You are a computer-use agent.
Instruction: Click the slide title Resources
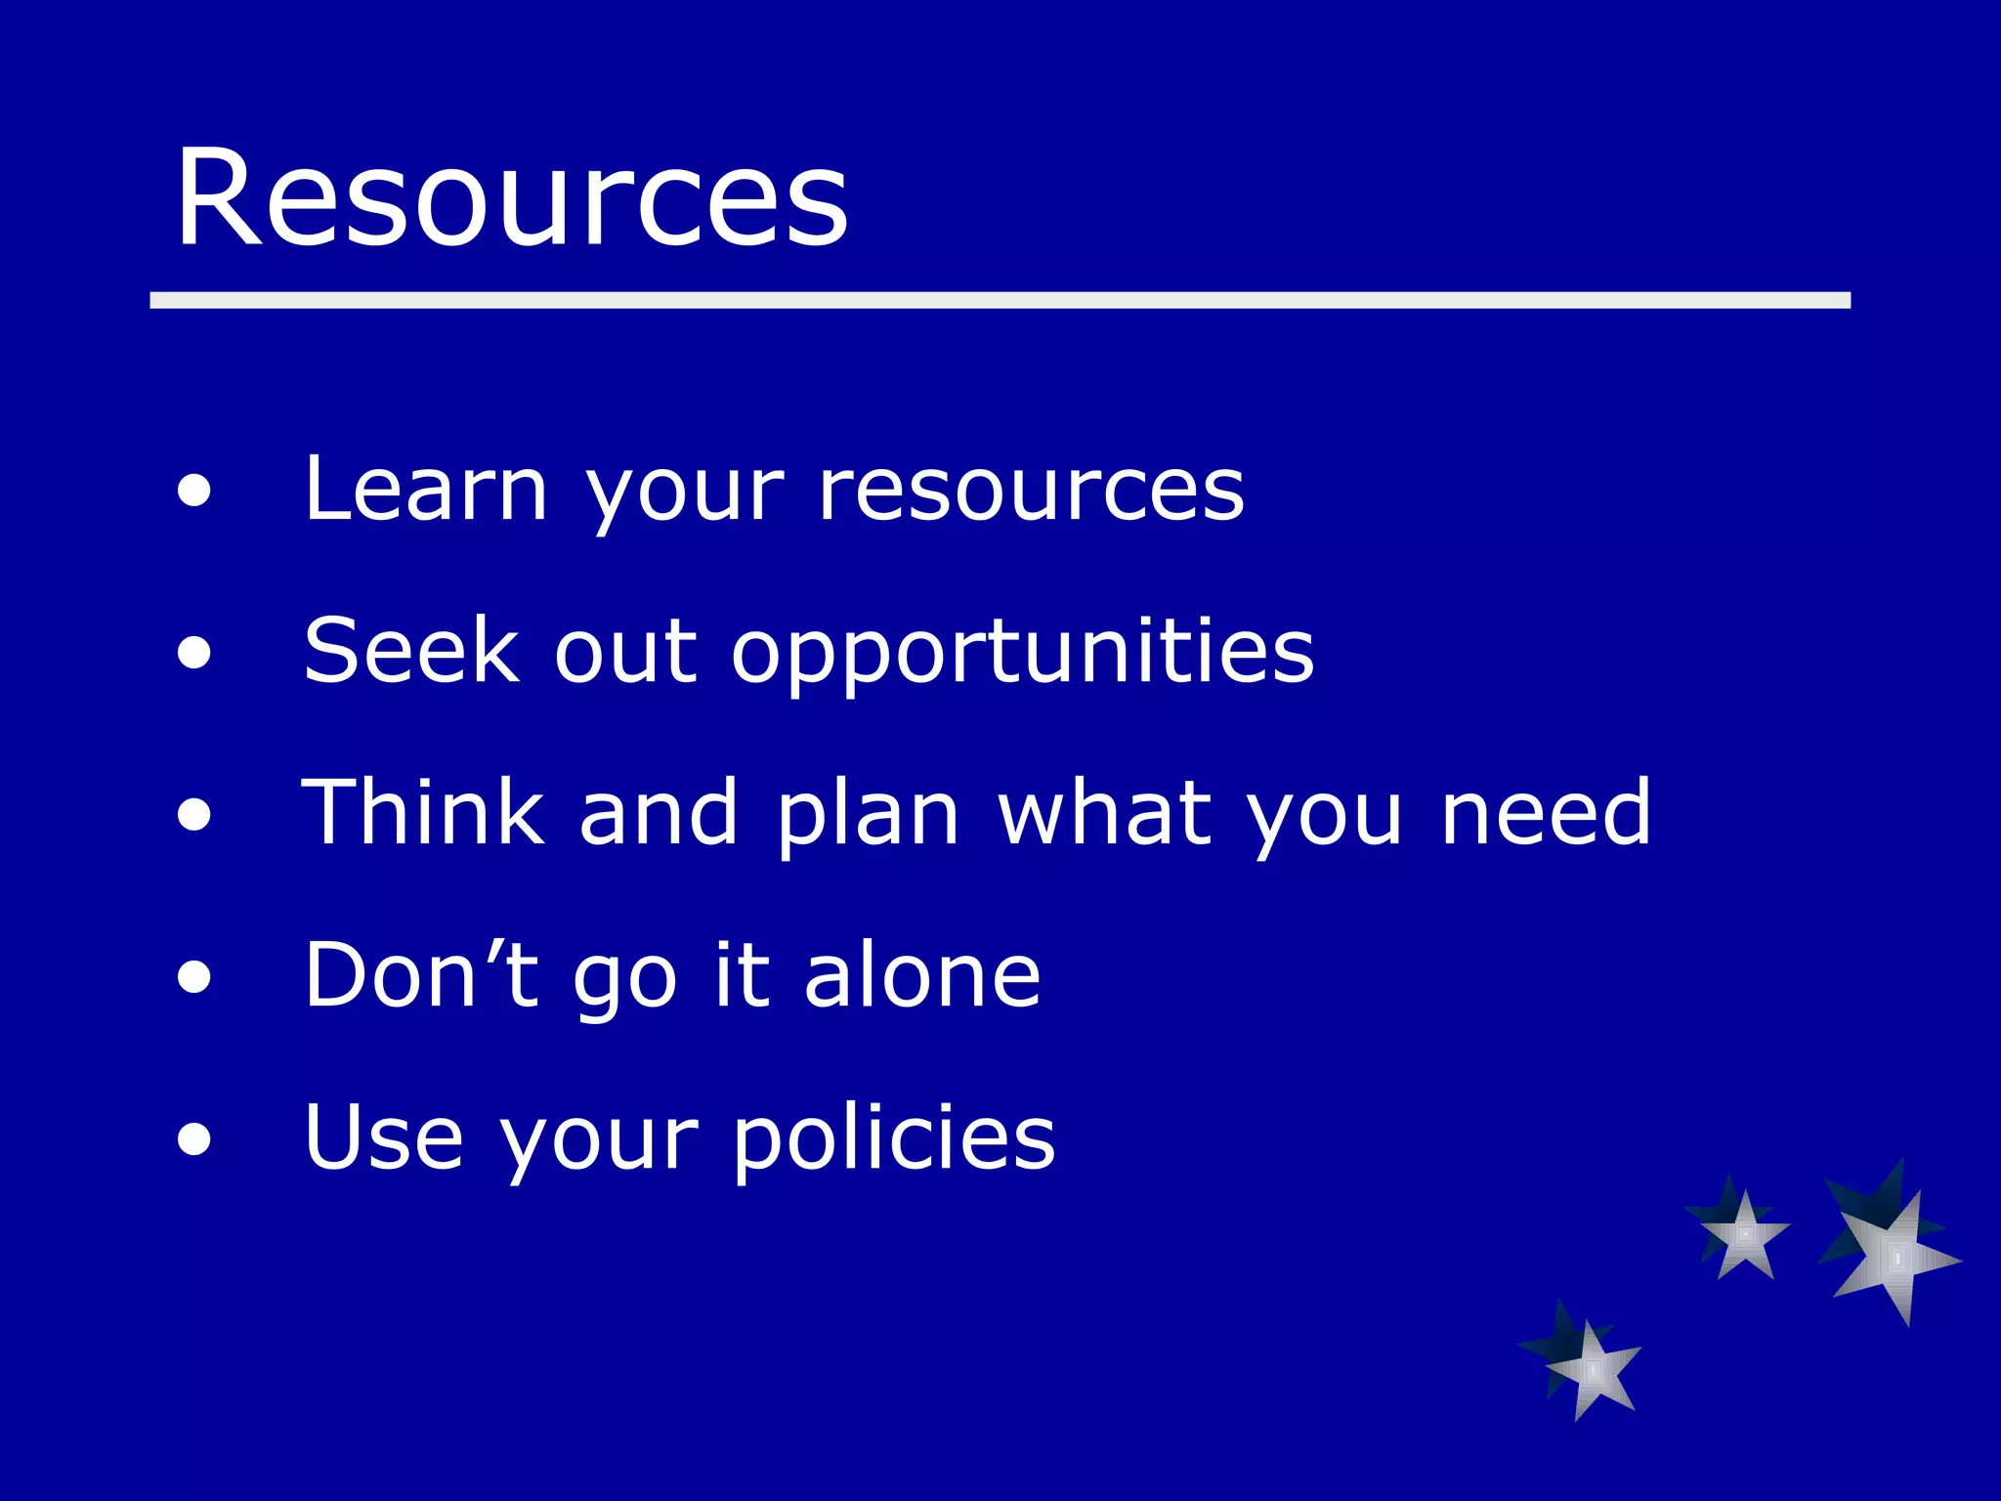(x=511, y=198)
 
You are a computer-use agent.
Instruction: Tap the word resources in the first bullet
(x=1031, y=491)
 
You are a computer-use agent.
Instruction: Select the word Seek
(x=411, y=651)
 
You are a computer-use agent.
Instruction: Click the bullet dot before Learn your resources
(x=194, y=492)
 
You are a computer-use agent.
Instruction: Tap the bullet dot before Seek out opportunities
(x=194, y=653)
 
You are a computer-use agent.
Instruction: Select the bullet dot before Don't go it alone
(x=194, y=976)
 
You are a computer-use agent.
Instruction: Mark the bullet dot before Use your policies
(x=194, y=1138)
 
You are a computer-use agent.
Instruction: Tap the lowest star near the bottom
(x=1591, y=1368)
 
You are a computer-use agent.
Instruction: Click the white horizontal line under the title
(x=1000, y=300)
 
